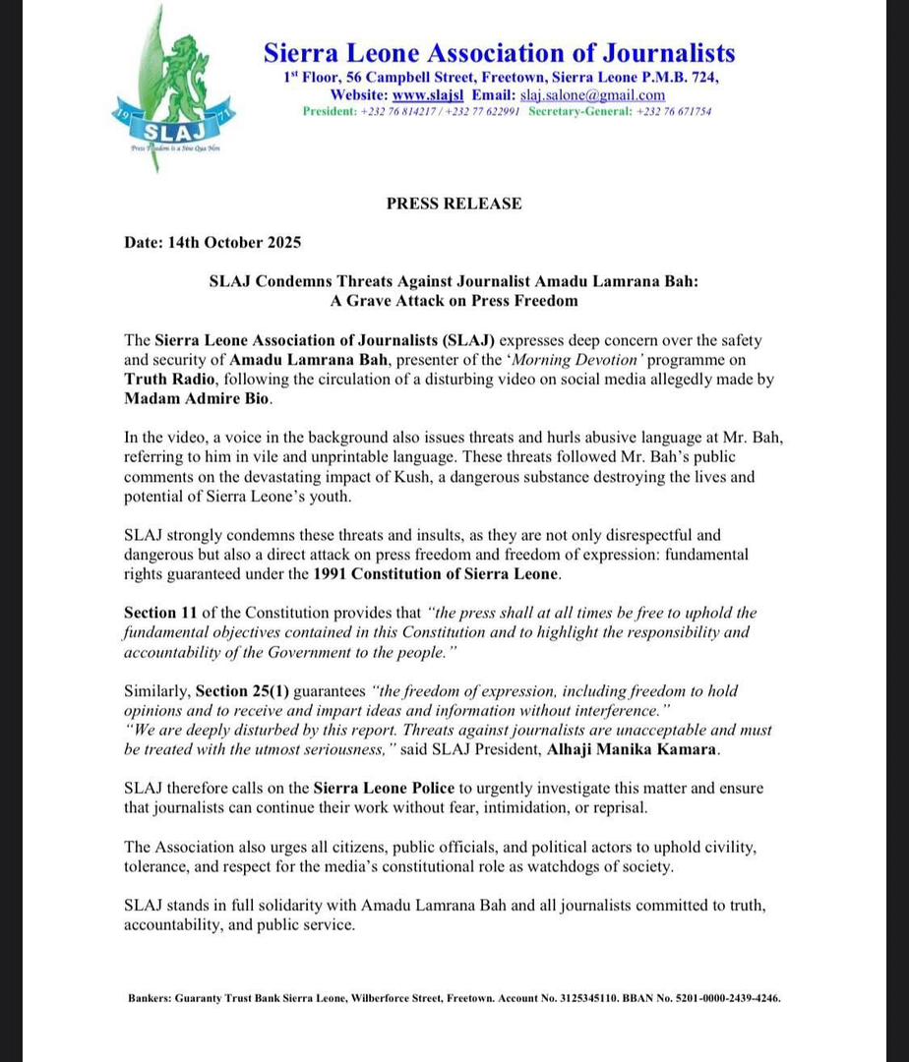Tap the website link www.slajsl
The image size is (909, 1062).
428,95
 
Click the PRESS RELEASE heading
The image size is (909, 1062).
454,204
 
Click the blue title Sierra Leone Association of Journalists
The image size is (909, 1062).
499,53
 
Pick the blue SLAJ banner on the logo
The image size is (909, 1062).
160,129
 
